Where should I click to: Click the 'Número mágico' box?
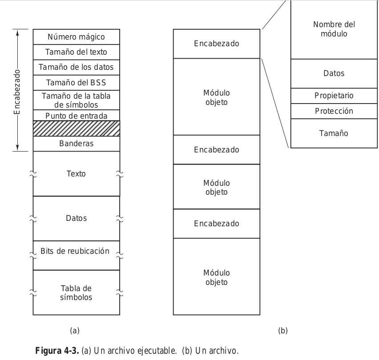(x=76, y=36)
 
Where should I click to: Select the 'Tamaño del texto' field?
(x=76, y=52)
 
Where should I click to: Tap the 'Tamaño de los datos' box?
(x=76, y=67)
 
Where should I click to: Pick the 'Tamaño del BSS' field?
(x=76, y=82)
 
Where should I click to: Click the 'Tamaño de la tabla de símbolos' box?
(x=76, y=100)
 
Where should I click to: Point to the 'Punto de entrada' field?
(x=76, y=116)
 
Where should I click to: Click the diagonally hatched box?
(x=76, y=128)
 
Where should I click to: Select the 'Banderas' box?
(x=76, y=144)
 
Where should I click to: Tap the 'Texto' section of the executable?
(x=76, y=174)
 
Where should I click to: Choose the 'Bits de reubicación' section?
(x=76, y=251)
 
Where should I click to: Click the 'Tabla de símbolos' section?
(x=76, y=292)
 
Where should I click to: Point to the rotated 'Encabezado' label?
(x=17, y=91)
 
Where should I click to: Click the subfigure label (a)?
(x=75, y=330)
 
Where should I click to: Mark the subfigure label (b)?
(x=282, y=330)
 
